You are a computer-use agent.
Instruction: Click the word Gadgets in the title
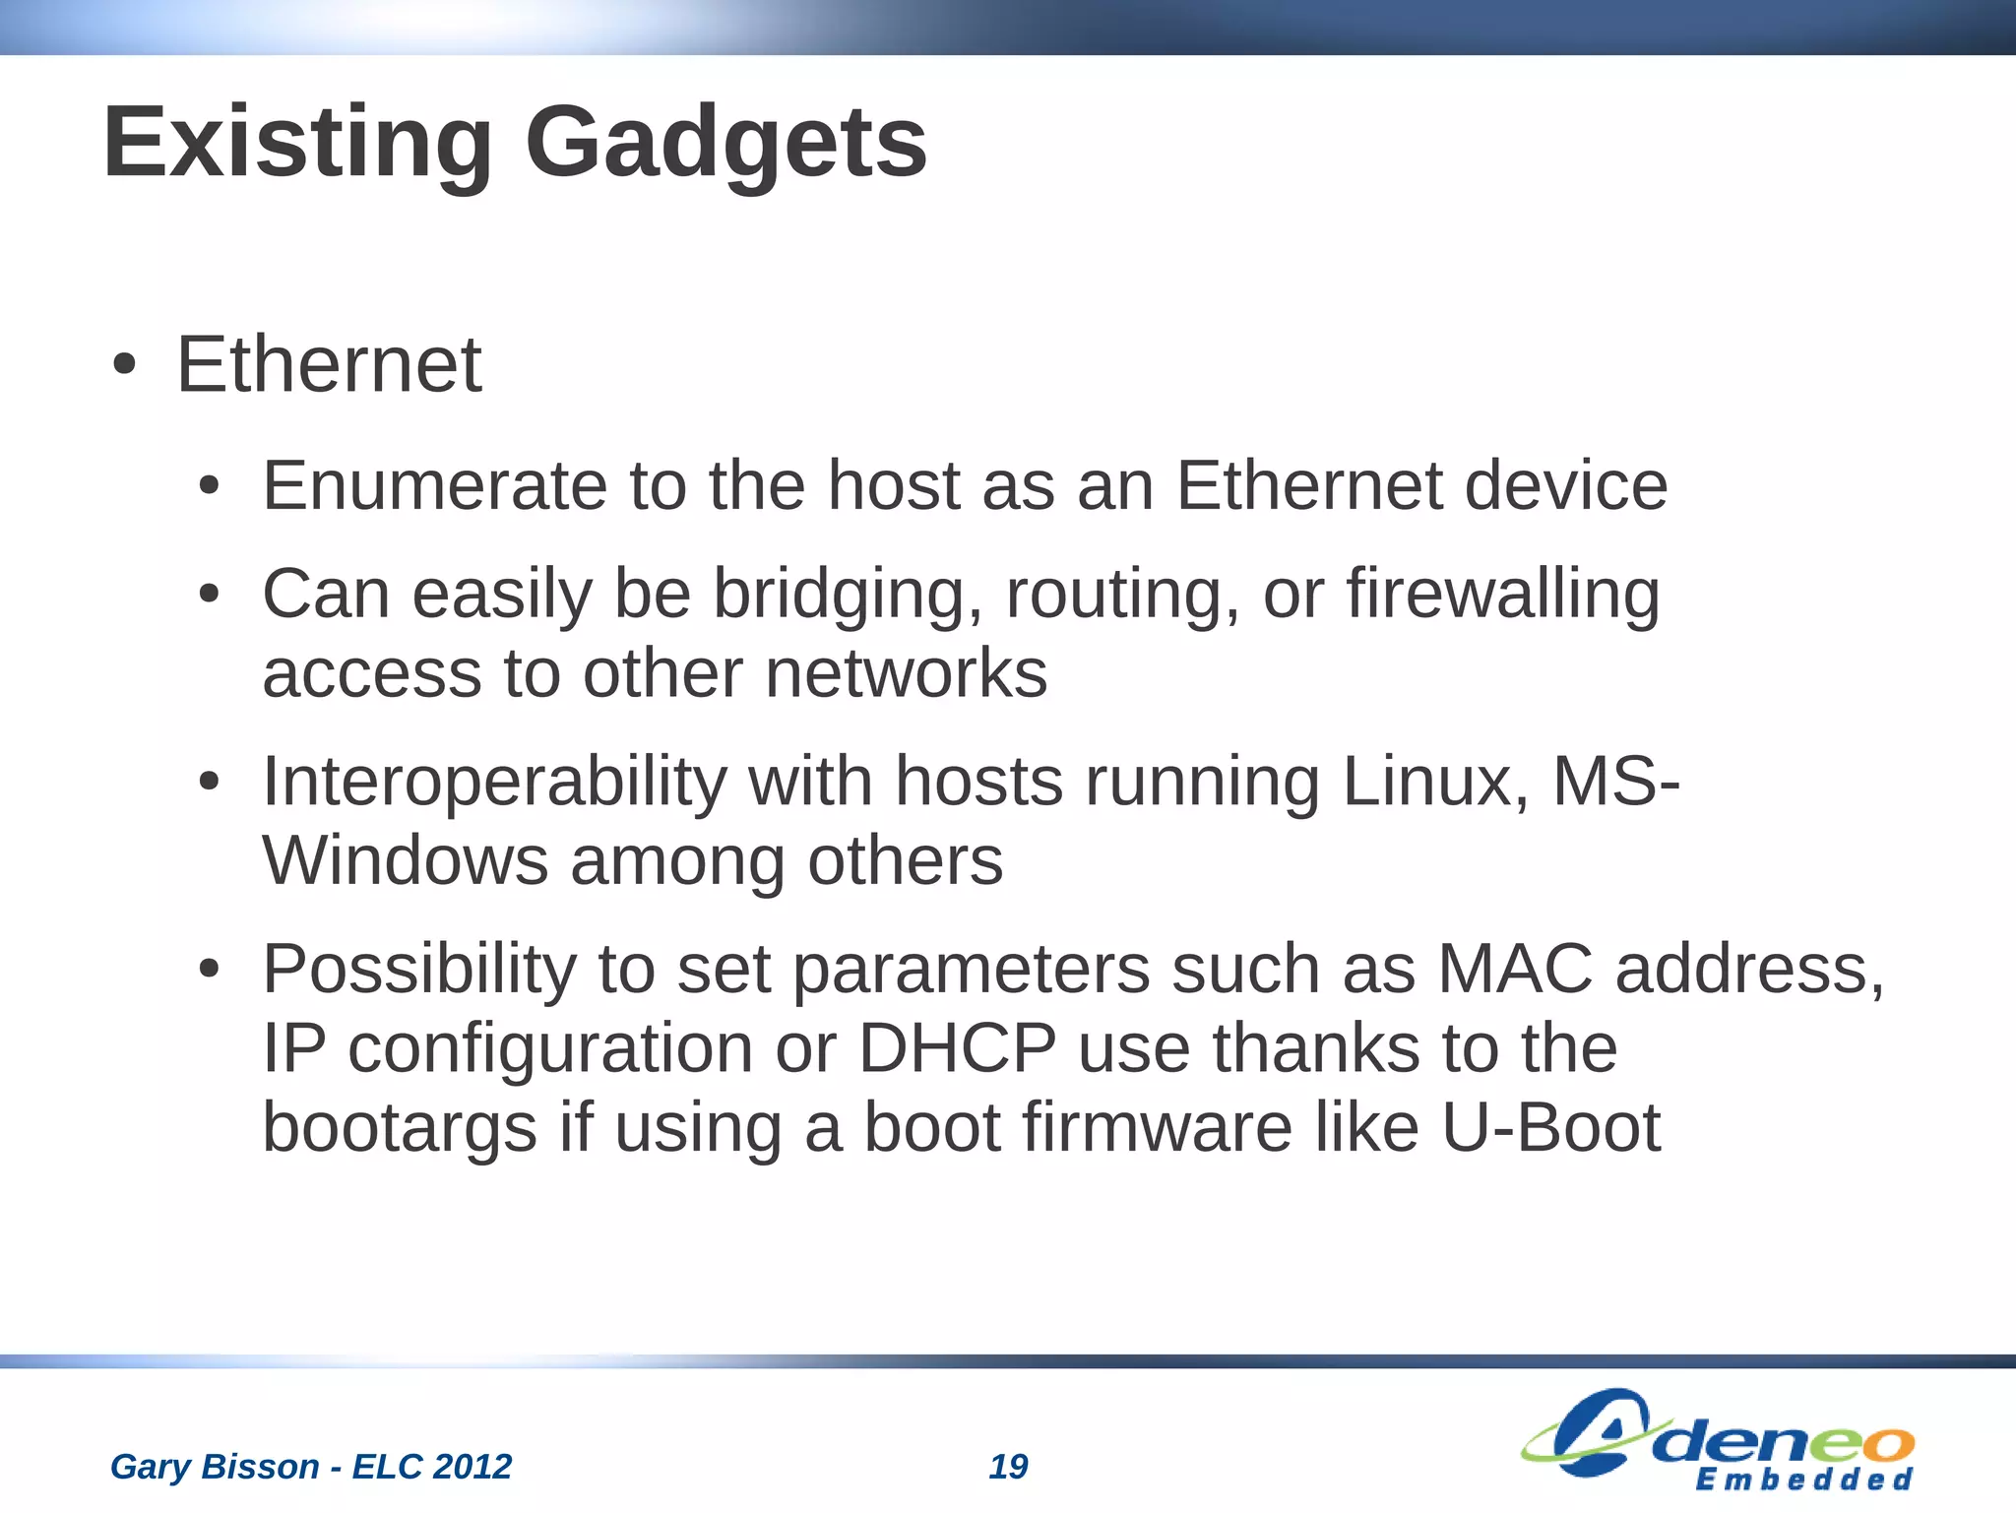point(725,145)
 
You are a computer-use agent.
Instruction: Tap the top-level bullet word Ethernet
point(329,365)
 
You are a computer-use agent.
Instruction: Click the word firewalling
point(1502,595)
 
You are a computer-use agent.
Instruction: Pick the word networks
point(906,674)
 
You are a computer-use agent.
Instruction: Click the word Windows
point(405,861)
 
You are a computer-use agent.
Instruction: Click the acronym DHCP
point(957,1048)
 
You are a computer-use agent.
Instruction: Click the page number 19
point(1008,1467)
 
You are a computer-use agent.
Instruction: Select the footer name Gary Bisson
point(215,1467)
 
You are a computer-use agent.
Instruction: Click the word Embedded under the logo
point(1803,1481)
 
